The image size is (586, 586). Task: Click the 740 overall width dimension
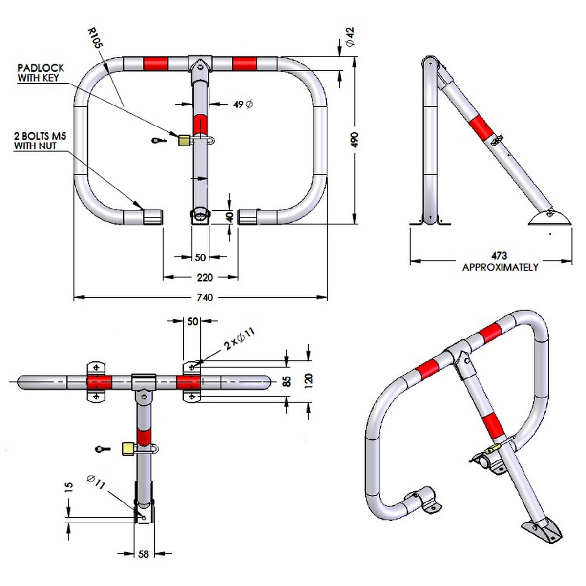pos(205,297)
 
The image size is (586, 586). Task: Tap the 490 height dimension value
pos(355,140)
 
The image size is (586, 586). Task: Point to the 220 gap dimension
pos(205,277)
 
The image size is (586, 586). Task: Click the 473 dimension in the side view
pos(499,255)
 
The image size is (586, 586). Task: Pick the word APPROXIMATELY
pos(500,267)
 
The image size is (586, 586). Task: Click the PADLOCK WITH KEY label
pos(41,73)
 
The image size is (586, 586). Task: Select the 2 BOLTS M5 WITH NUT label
pos(40,141)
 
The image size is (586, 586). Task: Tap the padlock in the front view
pos(184,140)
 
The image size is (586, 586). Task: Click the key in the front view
pos(159,141)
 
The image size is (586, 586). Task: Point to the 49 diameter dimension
pos(243,104)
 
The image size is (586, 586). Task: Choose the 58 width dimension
pos(144,554)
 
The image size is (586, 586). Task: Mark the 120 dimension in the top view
pos(308,379)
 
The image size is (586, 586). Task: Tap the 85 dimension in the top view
pos(287,380)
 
